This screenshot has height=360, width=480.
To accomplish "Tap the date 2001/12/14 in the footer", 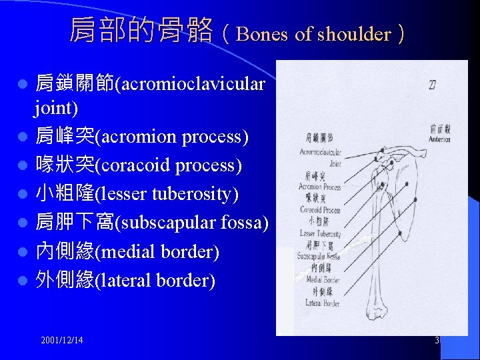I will tap(62, 340).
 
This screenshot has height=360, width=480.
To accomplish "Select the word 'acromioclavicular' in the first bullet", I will tap(191, 85).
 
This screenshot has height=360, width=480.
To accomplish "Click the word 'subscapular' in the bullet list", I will tap(155, 223).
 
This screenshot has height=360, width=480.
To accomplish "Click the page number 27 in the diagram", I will tap(433, 85).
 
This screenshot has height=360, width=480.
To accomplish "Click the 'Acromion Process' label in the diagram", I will tap(319, 187).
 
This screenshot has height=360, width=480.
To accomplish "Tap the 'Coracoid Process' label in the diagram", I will tap(320, 210).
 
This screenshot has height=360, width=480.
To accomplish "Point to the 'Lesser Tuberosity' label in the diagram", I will tap(320, 233).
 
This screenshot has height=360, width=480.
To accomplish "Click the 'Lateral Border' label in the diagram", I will tap(322, 303).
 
